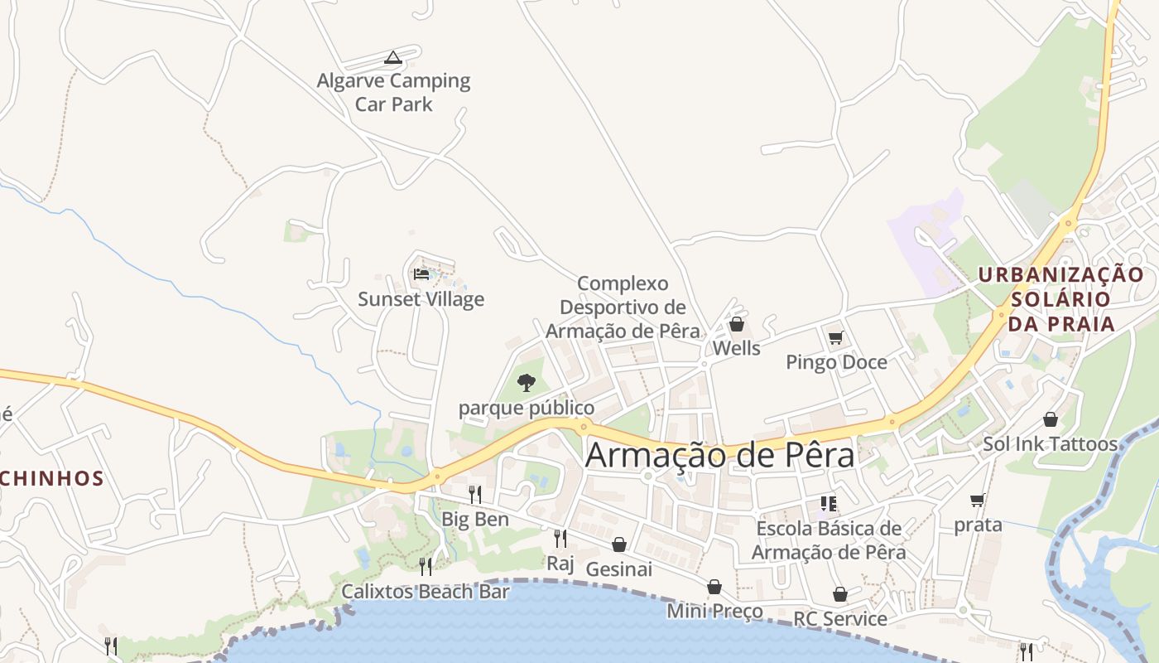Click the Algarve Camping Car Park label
[x=394, y=92]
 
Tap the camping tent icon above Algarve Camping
[x=393, y=57]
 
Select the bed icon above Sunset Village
[x=421, y=273]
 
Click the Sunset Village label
[x=421, y=299]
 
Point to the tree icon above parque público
[x=527, y=382]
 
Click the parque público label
[x=527, y=408]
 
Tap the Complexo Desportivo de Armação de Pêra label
[x=623, y=307]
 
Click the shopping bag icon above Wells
[x=736, y=324]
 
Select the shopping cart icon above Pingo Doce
[x=836, y=337]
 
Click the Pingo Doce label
[x=836, y=362]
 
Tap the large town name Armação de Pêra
[x=719, y=455]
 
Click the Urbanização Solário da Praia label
[x=1061, y=298]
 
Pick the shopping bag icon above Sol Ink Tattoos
[x=1051, y=419]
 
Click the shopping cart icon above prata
[x=978, y=500]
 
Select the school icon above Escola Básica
[x=829, y=503]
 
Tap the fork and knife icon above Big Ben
[x=475, y=495]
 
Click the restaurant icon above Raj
[x=560, y=539]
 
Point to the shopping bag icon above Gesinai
[x=619, y=544]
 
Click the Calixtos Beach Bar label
[x=426, y=592]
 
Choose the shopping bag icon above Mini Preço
[x=714, y=587]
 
